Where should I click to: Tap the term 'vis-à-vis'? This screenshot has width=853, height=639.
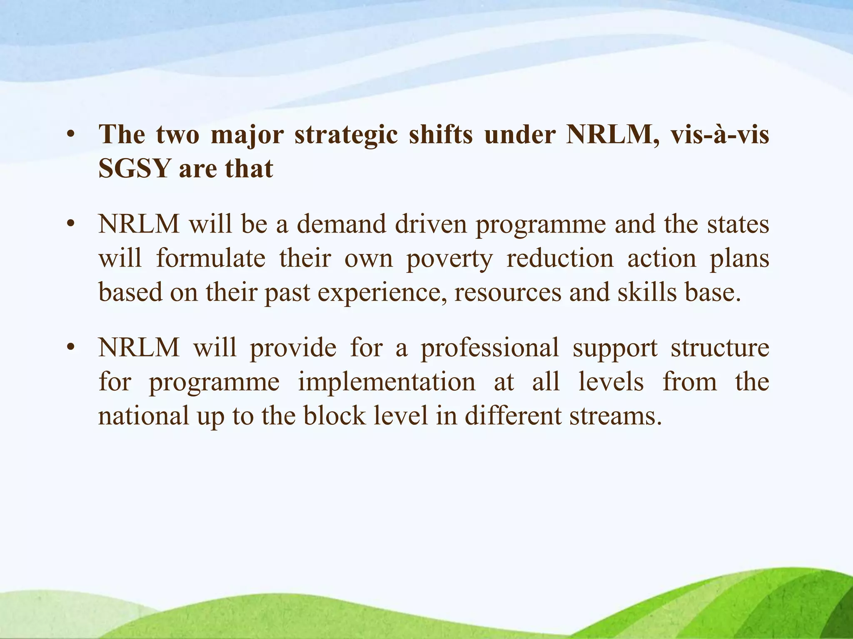click(719, 135)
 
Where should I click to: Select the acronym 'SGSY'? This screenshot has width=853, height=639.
click(135, 169)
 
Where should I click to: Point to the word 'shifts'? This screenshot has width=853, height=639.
click(441, 135)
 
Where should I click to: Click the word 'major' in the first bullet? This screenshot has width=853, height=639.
click(247, 135)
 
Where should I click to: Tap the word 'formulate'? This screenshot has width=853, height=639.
click(211, 259)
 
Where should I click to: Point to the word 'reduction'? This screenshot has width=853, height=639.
click(560, 259)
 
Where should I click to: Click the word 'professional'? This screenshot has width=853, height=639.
click(489, 349)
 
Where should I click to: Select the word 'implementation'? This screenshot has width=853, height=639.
click(387, 382)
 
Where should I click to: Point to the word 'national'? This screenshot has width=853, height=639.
click(144, 416)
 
